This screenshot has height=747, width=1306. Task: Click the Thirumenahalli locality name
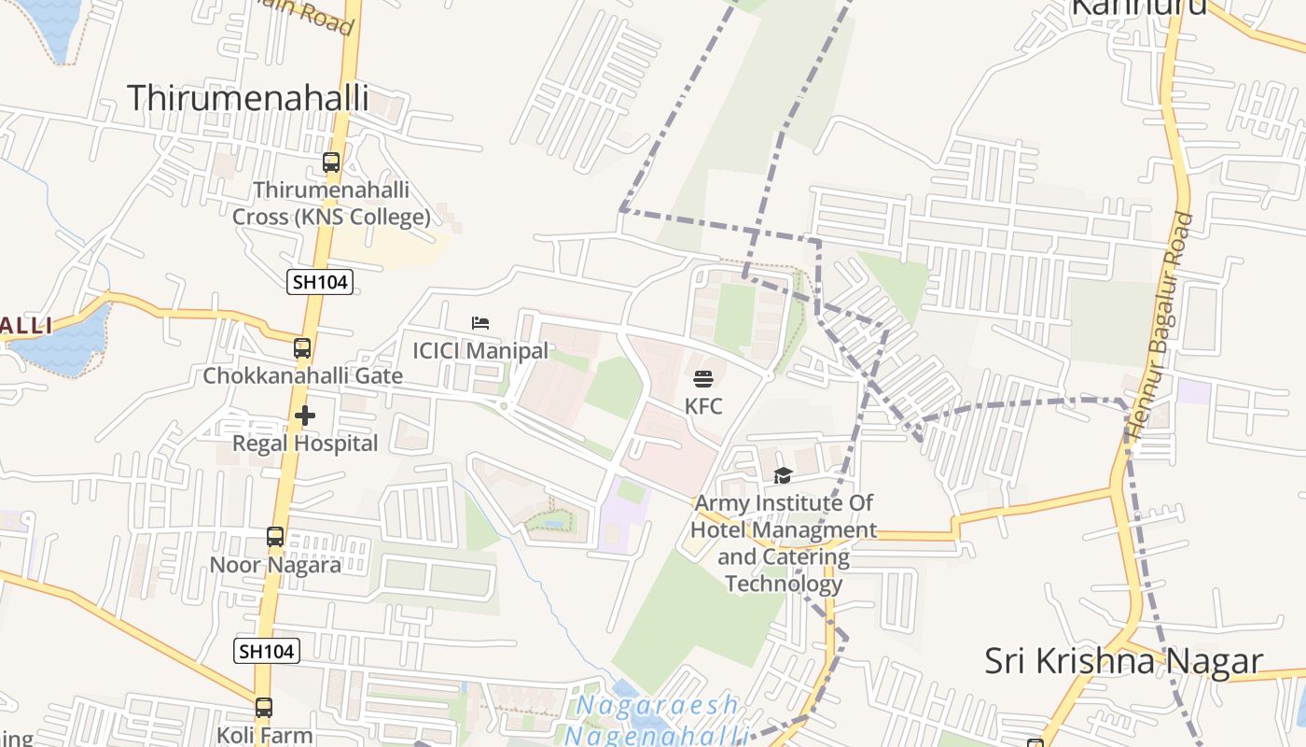(247, 98)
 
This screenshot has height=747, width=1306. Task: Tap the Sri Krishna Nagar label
(1123, 661)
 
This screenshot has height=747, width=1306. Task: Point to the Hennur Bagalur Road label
(1160, 326)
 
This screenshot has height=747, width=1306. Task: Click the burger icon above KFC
(703, 379)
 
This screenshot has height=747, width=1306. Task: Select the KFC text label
(703, 406)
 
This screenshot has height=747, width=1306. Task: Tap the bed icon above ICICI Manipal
(480, 323)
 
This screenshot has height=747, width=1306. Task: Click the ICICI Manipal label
(480, 351)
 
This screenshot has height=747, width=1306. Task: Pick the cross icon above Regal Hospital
(305, 416)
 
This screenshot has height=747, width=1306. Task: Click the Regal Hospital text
(305, 444)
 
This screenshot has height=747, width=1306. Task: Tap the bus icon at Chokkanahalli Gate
(302, 348)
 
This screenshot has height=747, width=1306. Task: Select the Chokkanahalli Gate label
(303, 376)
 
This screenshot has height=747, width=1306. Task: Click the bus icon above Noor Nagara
(275, 537)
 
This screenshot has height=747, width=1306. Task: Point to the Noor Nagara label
(275, 565)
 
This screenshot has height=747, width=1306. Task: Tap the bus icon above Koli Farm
(264, 708)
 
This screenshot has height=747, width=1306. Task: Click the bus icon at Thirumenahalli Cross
(331, 162)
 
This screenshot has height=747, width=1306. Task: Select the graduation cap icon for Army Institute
(783, 476)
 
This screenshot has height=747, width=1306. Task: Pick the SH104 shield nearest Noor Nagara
(267, 651)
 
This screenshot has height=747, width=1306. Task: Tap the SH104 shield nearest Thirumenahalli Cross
(320, 282)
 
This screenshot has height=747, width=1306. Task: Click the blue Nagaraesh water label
(658, 705)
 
